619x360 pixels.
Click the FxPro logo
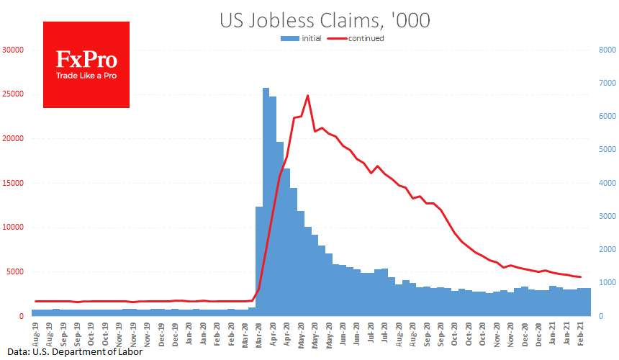(86, 65)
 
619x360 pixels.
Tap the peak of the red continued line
(307, 95)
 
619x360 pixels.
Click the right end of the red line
(581, 277)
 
